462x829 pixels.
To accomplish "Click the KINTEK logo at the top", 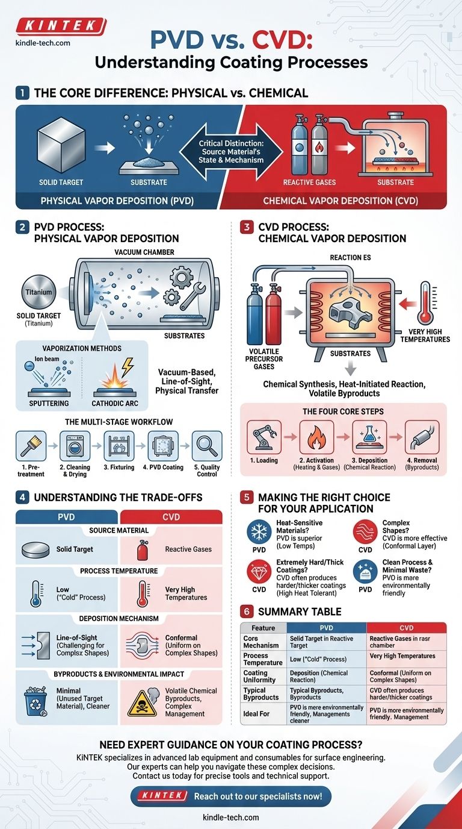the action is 61,27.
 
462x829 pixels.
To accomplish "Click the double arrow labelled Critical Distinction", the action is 231,151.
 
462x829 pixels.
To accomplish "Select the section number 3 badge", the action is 247,227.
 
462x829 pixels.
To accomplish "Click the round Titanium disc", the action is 39,292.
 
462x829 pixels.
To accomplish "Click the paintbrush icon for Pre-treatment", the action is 31,446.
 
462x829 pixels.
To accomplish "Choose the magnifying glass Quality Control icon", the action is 207,446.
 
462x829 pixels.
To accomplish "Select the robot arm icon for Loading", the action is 264,437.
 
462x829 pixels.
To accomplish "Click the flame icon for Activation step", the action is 317,437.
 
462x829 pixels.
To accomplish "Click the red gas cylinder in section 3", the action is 274,314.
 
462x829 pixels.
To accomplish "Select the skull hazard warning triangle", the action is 143,703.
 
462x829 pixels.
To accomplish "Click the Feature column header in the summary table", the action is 263,628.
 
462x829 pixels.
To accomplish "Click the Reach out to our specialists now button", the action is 231,796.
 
